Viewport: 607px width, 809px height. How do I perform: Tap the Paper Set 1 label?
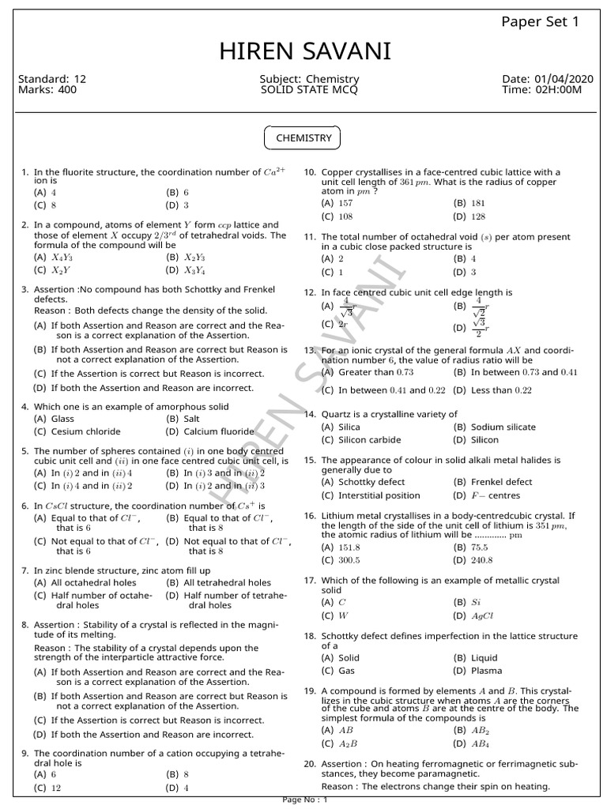[x=541, y=21]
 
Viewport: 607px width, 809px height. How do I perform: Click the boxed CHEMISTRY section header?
[x=303, y=138]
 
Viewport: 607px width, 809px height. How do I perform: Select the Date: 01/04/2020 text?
[x=547, y=80]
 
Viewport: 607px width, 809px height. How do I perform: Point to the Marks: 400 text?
[x=47, y=90]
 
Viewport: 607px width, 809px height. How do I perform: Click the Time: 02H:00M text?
[x=541, y=90]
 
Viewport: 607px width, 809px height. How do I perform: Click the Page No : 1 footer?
[x=304, y=800]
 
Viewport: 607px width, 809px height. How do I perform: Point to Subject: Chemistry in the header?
[x=309, y=80]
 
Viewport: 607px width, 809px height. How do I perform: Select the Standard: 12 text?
[x=51, y=80]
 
